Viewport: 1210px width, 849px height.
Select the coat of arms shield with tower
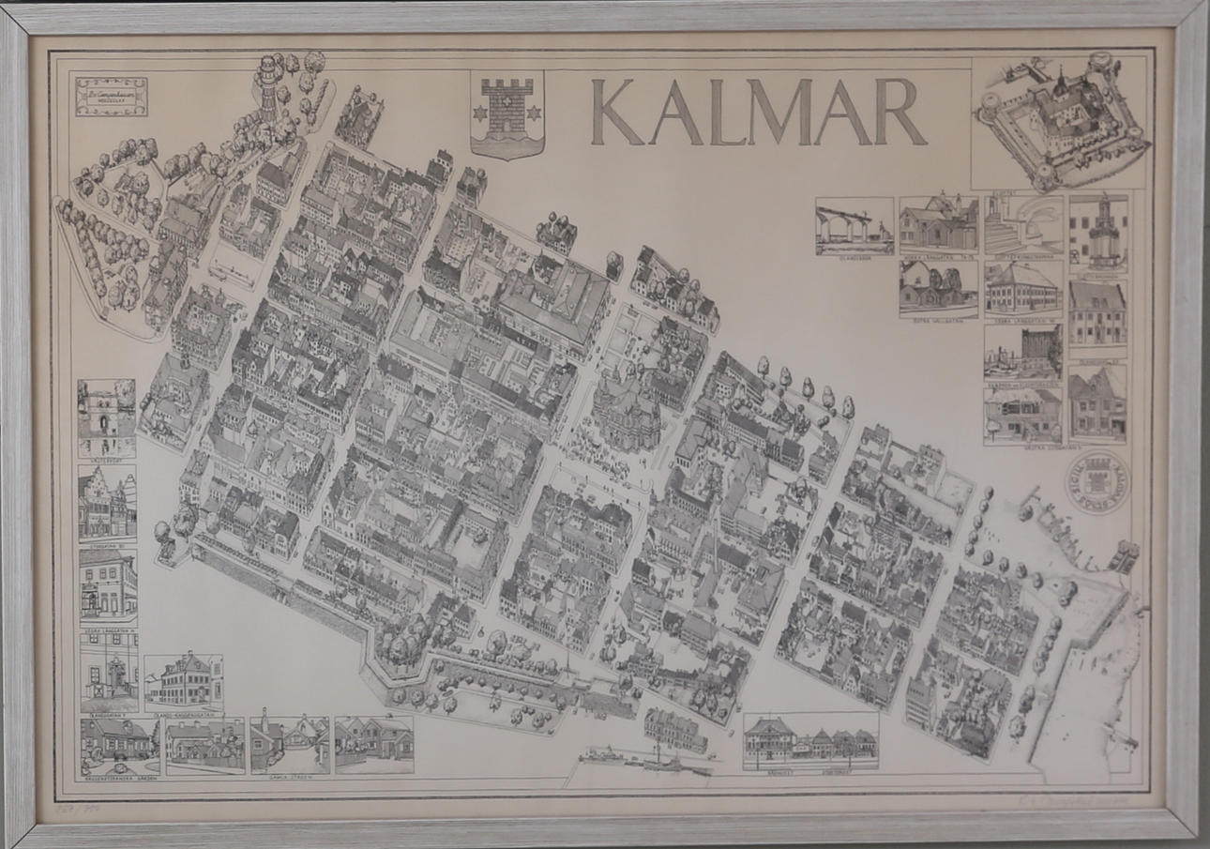pos(507,113)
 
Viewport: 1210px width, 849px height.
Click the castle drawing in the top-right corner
pos(1061,120)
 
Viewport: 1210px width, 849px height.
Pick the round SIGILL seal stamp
pos(1097,483)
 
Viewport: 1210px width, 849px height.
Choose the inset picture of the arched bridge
pos(854,226)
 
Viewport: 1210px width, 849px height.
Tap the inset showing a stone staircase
pos(1023,225)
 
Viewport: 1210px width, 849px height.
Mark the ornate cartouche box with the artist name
pos(112,97)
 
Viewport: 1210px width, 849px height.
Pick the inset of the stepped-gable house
pos(107,502)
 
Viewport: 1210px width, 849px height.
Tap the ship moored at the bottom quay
pos(657,760)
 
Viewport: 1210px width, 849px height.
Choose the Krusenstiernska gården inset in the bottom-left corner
pos(118,744)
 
